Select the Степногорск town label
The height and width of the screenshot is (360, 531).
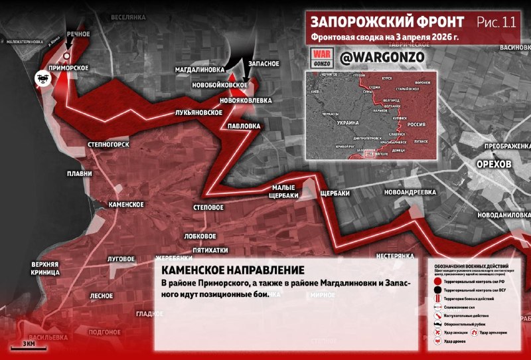tap(108, 143)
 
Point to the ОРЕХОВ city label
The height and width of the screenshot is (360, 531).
tap(494, 164)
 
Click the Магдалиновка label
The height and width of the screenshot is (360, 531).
tap(200, 69)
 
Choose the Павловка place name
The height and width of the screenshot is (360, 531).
tap(244, 126)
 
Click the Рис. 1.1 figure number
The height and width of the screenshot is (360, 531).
tap(496, 22)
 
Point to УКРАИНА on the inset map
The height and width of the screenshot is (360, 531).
tap(348, 124)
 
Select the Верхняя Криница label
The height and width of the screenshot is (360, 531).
tap(45, 268)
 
